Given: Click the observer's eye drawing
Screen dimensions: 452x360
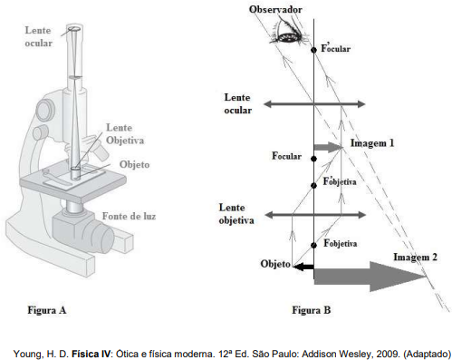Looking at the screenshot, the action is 288,33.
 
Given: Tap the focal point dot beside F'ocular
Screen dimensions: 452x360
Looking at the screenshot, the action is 313,50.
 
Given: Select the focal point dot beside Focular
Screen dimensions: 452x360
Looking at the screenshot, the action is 313,159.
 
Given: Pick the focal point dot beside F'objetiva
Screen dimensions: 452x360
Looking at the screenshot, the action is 313,185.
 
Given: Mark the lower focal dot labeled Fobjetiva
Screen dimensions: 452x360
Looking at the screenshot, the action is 313,245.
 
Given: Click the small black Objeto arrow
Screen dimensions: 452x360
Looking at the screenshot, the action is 303,267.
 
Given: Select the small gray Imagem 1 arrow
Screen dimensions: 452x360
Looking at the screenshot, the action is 329,147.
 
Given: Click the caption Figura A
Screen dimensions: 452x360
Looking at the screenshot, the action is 47,310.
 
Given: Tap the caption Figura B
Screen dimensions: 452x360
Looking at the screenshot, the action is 312,310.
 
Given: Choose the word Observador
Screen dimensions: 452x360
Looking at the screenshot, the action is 275,9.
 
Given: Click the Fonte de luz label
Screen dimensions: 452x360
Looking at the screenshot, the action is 129,216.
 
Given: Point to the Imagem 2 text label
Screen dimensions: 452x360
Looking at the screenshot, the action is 415,258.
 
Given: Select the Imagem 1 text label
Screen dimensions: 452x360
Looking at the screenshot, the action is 372,143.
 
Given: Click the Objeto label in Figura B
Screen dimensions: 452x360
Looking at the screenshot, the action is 275,264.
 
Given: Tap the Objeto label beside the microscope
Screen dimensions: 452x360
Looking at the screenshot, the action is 134,164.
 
